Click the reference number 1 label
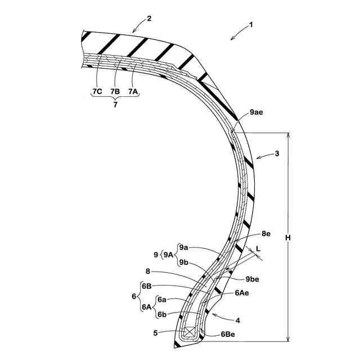click(251, 25)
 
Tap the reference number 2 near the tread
click(149, 19)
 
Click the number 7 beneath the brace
click(115, 106)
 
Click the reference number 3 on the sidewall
click(276, 153)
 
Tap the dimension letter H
click(288, 237)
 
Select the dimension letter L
click(258, 247)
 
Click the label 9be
click(253, 278)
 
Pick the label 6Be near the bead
click(228, 334)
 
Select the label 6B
click(147, 286)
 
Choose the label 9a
click(183, 247)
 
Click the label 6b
click(161, 314)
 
